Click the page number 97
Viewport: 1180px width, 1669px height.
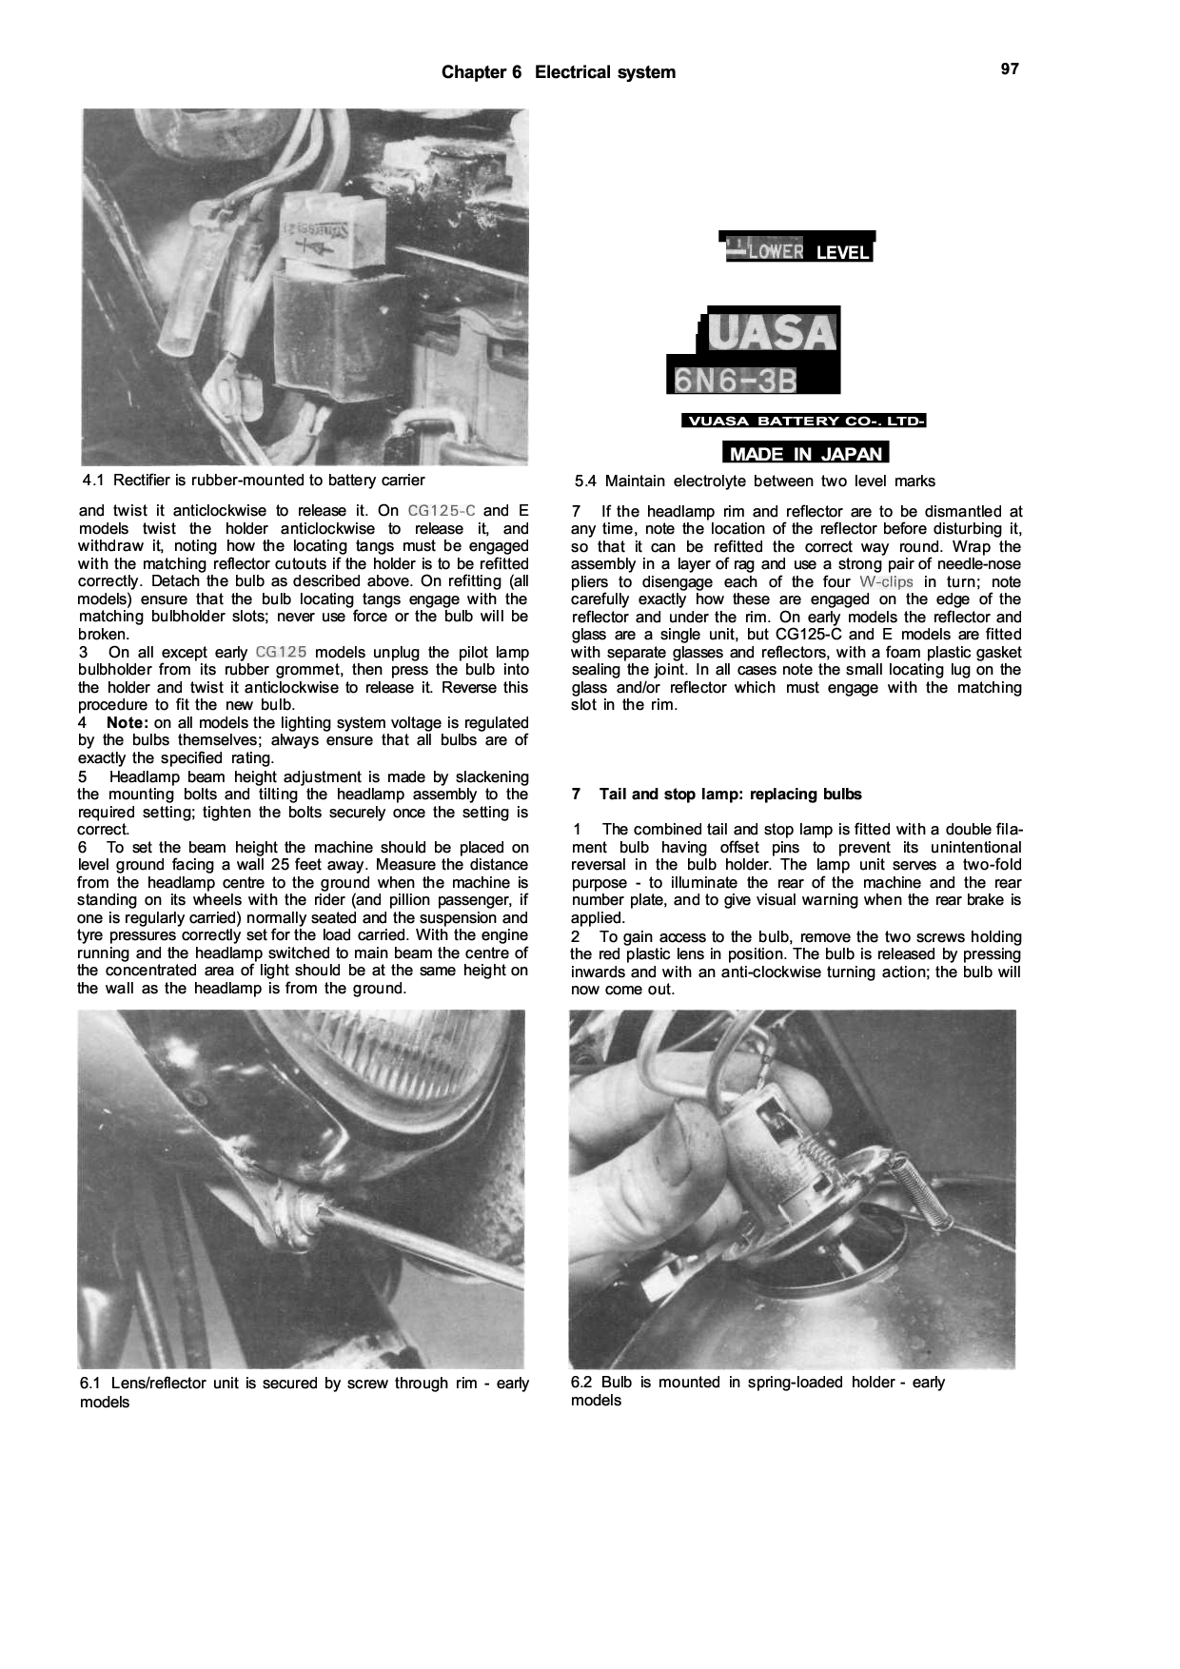(1010, 69)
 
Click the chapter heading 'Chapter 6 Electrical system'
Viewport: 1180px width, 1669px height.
(559, 72)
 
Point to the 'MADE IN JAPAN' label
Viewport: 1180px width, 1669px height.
(805, 454)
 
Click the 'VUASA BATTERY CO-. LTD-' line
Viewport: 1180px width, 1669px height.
(804, 422)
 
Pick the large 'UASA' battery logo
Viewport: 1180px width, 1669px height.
(772, 332)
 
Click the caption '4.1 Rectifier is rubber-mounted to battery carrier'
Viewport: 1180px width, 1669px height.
(254, 481)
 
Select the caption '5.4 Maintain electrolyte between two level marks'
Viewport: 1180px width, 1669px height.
(755, 481)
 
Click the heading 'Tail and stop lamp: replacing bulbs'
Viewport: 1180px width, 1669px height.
(730, 795)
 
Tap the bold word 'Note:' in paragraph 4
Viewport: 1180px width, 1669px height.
(128, 723)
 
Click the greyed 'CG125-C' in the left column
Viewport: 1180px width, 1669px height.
(442, 511)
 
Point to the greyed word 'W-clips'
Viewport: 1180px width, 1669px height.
(886, 582)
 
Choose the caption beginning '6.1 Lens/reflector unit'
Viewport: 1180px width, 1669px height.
(304, 1392)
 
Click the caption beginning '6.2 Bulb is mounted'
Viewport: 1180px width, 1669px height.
(757, 1391)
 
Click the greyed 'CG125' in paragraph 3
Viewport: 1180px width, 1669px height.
(281, 653)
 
